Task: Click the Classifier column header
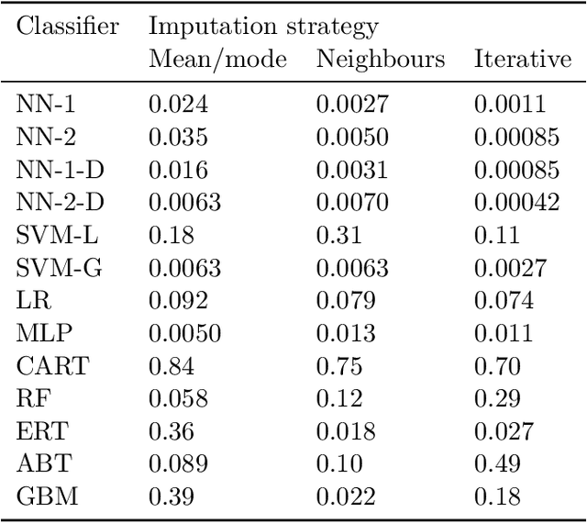[x=67, y=27]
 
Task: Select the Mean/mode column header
[x=216, y=61]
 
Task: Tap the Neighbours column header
[x=380, y=61]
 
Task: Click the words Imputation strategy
[x=262, y=28]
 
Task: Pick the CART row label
[x=53, y=368]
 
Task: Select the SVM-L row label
[x=56, y=235]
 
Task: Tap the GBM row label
[x=49, y=499]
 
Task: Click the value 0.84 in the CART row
[x=172, y=368]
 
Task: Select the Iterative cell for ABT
[x=497, y=466]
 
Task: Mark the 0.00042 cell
[x=516, y=202]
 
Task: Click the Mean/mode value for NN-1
[x=177, y=104]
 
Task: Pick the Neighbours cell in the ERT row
[x=346, y=433]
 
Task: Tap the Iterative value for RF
[x=497, y=400]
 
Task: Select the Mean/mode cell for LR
[x=177, y=301]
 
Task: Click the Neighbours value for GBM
[x=346, y=499]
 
